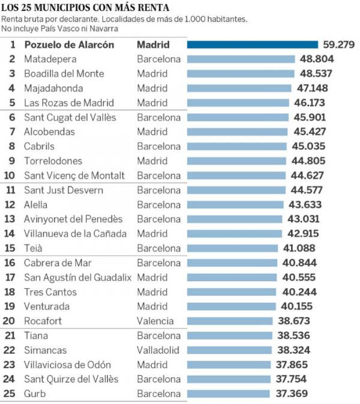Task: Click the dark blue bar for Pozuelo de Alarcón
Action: [x=252, y=44]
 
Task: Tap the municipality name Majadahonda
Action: [x=53, y=88]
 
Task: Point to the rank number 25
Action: [x=11, y=394]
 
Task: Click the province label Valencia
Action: [x=155, y=321]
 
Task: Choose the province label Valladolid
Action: [x=158, y=350]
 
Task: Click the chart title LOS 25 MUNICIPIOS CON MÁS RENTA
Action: [x=85, y=8]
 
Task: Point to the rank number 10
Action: [x=11, y=176]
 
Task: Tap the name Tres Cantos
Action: [x=50, y=292]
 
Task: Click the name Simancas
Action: [x=46, y=350]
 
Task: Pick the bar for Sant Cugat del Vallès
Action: [x=239, y=117]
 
